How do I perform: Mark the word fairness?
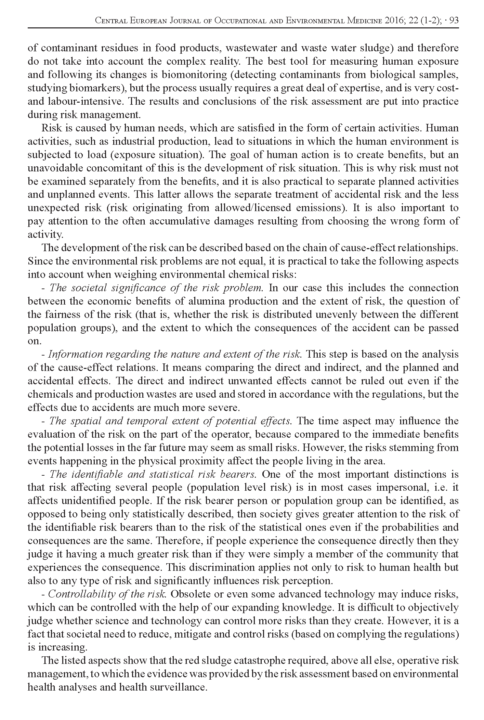[62, 315]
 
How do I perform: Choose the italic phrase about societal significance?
[156, 288]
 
